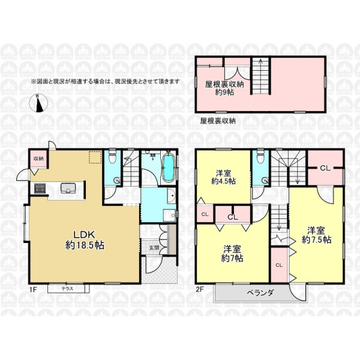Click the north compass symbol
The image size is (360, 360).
tap(38, 103)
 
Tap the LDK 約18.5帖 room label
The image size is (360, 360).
tap(85, 240)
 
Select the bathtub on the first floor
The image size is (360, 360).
tap(169, 168)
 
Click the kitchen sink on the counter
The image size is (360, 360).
tap(68, 188)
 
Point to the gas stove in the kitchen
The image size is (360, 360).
tap(40, 188)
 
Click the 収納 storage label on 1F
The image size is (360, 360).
tap(38, 158)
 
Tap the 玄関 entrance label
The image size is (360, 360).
tap(154, 248)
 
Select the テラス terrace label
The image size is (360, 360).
tap(67, 289)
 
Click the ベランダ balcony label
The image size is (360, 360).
tap(260, 293)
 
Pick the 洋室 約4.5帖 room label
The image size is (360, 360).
tap(223, 177)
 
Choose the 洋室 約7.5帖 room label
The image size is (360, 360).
tap(316, 235)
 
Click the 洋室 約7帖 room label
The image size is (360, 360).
tap(232, 253)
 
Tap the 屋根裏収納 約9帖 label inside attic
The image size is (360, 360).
tap(224, 88)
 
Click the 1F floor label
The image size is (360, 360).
tap(33, 290)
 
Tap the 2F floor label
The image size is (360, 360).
tap(200, 289)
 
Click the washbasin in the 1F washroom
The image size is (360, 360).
tap(171, 196)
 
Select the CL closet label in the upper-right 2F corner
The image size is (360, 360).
tap(325, 168)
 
